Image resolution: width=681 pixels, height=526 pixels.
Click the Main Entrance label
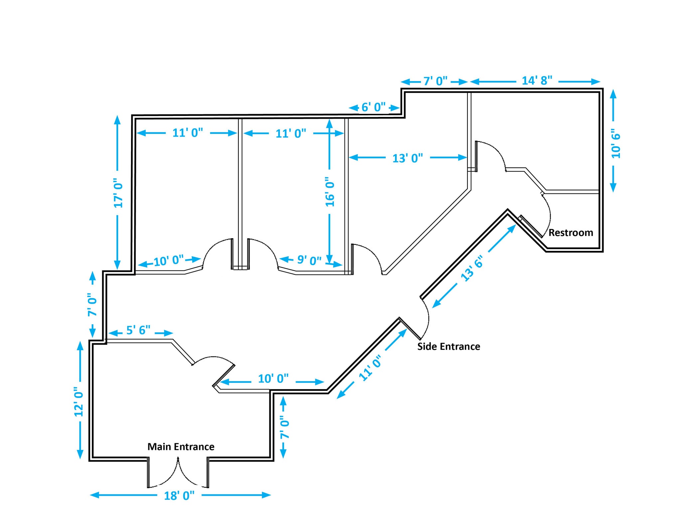181,447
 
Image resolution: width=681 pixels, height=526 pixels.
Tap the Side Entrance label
449,347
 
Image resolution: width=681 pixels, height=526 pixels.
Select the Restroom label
571,233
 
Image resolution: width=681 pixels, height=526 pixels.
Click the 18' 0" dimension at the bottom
179,496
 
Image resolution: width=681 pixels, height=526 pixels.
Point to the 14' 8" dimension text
537,80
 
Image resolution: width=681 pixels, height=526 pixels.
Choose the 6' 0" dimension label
373,107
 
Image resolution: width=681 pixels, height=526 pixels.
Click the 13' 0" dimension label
407,158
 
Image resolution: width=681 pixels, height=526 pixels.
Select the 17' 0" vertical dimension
118,195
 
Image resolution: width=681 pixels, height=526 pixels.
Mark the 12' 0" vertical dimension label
79,402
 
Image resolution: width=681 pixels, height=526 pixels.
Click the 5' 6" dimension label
138,330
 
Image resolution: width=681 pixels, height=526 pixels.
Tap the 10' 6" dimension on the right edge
615,146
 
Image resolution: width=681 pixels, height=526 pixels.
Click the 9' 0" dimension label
309,260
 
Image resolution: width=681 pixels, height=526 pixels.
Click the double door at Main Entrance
178,473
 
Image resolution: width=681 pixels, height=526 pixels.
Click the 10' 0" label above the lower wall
273,378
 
